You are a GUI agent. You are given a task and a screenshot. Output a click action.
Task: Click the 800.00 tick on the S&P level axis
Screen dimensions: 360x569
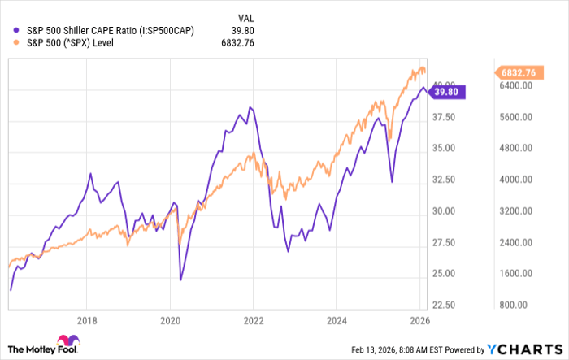point(513,305)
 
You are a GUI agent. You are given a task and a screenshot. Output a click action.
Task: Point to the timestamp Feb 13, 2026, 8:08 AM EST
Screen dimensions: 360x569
point(414,349)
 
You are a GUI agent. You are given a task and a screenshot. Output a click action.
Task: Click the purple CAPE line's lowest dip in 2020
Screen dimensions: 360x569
point(180,280)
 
